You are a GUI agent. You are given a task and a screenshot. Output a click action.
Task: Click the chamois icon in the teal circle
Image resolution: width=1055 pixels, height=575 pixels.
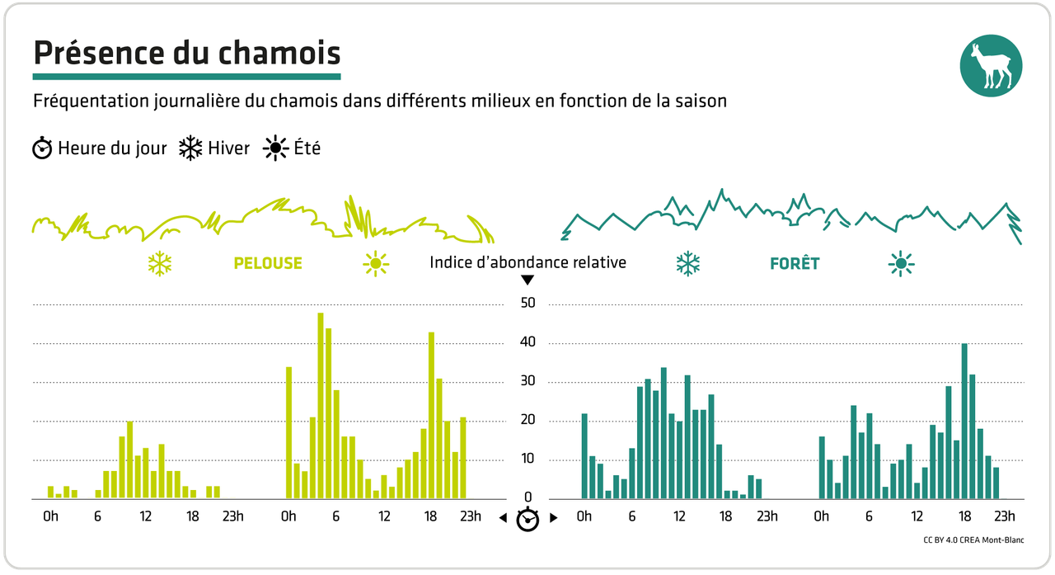(992, 67)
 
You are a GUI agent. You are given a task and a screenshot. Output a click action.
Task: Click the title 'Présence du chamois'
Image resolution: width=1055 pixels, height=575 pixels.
(186, 53)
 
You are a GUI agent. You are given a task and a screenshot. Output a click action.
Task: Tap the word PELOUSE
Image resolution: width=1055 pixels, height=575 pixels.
(268, 264)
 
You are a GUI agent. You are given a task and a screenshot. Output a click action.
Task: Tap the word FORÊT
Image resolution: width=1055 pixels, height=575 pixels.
(795, 264)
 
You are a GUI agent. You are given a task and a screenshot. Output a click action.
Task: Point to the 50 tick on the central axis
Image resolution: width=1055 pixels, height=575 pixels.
(527, 303)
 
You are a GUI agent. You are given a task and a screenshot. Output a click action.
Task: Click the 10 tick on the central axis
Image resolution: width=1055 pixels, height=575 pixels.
(527, 460)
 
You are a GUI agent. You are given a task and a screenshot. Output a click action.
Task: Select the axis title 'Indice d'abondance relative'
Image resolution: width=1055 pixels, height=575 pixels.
(527, 262)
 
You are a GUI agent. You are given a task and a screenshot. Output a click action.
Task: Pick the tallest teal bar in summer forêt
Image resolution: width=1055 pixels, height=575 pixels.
(964, 421)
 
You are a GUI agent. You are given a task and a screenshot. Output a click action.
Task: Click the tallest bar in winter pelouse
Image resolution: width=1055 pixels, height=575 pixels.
(129, 460)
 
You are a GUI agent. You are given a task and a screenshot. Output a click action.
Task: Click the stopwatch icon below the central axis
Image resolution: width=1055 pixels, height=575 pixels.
(527, 520)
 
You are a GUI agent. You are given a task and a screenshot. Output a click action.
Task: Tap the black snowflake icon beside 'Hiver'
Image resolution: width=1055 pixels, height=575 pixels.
(191, 148)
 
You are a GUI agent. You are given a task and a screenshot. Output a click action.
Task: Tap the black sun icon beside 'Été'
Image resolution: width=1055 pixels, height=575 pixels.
(274, 148)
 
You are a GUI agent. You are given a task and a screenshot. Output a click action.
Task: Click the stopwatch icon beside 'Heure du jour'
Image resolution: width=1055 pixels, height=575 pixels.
(42, 148)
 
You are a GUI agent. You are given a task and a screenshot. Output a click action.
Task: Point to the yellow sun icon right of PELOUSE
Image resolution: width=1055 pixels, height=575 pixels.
(376, 263)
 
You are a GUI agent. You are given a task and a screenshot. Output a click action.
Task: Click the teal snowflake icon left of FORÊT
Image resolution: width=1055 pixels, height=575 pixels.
(687, 264)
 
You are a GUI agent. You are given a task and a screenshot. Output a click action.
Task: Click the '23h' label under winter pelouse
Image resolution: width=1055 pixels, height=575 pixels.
(232, 517)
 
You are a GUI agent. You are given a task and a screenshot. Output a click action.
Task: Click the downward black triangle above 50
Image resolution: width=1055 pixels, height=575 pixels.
(527, 280)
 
